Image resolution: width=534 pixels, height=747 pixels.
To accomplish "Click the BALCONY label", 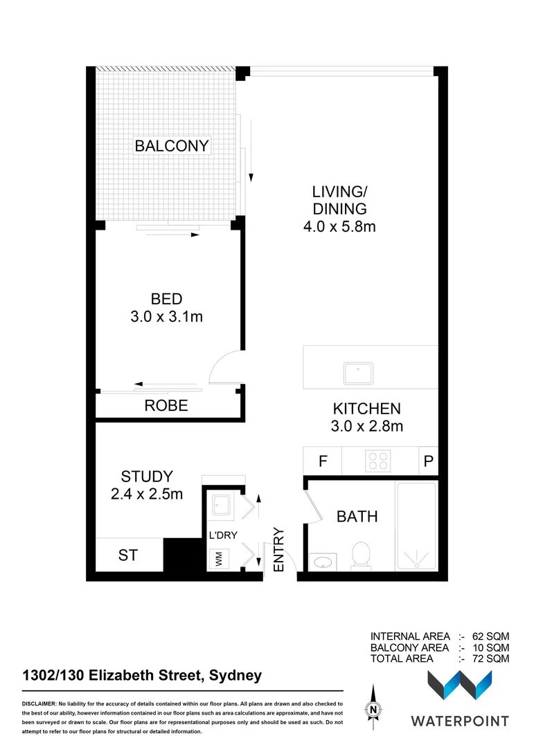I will tap(172, 146).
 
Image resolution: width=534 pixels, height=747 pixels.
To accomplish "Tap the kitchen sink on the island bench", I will tap(358, 373).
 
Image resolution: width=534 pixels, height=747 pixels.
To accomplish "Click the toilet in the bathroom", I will tap(360, 555).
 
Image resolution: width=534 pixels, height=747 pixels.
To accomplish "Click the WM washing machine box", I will tap(218, 559).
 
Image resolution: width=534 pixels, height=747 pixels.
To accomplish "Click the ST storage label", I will tap(127, 555).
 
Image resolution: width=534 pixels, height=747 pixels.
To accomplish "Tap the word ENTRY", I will tap(279, 549).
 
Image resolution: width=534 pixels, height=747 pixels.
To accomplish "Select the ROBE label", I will tap(166, 406).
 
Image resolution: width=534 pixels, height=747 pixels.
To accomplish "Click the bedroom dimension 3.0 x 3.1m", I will tap(167, 317).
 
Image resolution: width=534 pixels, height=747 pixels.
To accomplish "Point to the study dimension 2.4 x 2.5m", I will tap(147, 495).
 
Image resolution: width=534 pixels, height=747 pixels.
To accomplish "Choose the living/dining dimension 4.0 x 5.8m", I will tap(339, 226).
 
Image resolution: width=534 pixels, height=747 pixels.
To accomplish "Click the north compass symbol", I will tap(373, 708).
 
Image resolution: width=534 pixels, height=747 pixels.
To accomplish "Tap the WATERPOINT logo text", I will tap(460, 721).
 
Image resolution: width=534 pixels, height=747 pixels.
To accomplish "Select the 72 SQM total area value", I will tap(491, 658).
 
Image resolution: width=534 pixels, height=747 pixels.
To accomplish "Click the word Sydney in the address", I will tap(233, 675).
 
